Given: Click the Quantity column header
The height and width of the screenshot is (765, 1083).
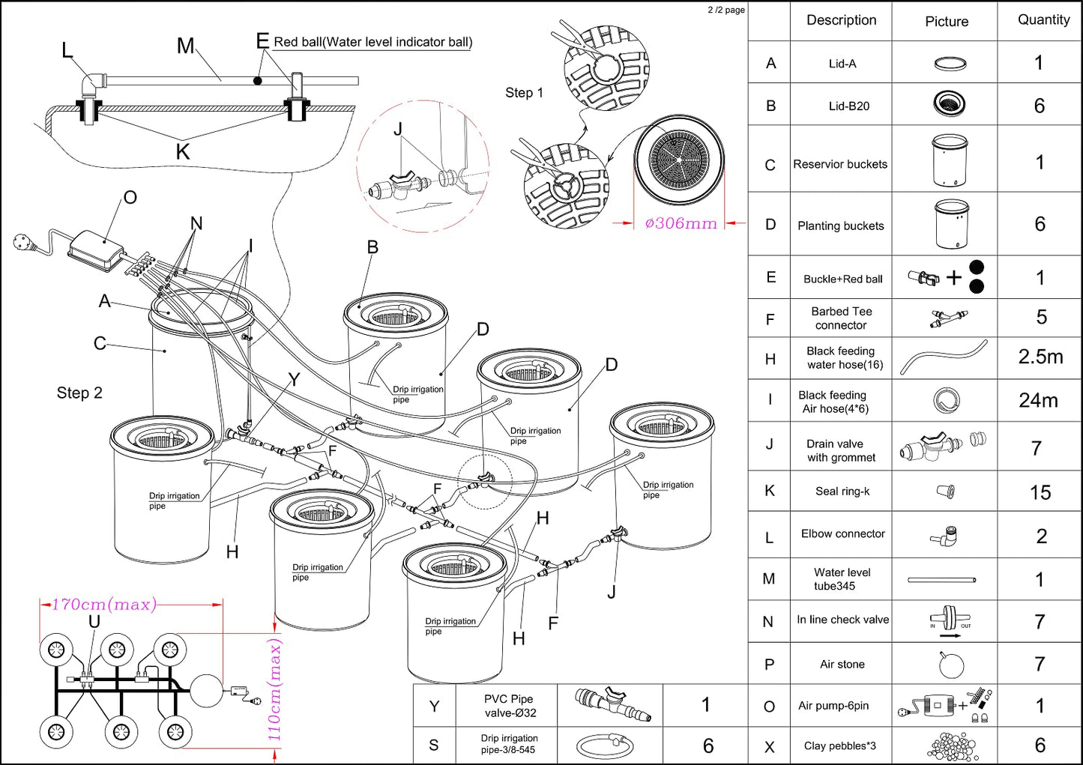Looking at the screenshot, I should coord(1043,20).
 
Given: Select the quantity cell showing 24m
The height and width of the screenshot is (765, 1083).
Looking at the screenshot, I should coord(1038,401).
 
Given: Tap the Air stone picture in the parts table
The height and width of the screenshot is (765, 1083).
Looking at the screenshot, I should coord(950,665).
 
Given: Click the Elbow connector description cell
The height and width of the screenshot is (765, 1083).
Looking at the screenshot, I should coord(842,534).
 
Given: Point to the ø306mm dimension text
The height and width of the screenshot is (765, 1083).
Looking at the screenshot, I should coord(681,223).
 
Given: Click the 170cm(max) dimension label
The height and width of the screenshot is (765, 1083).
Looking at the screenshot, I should coord(103,605).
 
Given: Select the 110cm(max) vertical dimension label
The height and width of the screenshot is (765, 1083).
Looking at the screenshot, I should coord(275,690).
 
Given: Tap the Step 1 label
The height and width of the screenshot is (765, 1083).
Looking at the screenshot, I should coord(524,93).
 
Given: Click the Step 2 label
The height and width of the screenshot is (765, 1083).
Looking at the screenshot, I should coord(79,393).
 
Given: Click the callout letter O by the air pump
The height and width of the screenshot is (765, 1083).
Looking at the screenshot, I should coord(130,198).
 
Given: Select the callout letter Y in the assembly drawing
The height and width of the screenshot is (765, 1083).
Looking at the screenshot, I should coord(294,380).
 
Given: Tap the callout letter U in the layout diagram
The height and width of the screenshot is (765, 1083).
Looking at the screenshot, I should coord(94,622).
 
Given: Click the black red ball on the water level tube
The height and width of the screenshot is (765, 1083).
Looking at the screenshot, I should coord(258,80).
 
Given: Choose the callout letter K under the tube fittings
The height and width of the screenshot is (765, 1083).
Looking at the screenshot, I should coord(183,152).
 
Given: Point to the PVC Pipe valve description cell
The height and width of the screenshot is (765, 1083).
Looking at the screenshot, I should coord(508,706).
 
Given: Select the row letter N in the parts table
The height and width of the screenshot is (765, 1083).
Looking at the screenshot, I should coord(768,621).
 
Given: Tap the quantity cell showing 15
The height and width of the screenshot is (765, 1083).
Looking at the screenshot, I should coord(1040,492).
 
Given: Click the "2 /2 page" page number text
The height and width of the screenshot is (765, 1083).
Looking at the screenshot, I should coord(725,10).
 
